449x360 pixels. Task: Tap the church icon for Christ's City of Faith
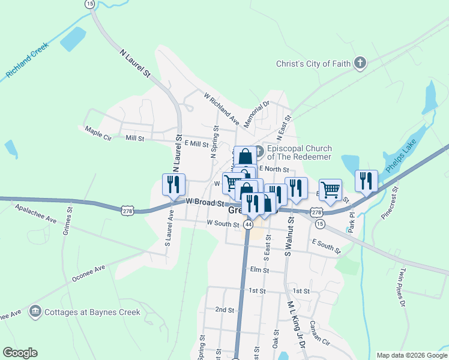[x=360, y=64]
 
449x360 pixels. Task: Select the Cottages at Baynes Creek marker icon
[x=35, y=312]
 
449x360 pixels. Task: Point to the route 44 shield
[x=247, y=224]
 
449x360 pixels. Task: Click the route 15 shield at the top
[x=90, y=4]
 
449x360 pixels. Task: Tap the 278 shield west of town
[x=143, y=211]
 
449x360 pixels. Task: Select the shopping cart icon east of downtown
[x=330, y=190]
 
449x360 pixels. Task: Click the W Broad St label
[x=205, y=203]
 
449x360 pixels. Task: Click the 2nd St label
[x=224, y=310]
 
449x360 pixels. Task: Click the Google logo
[x=20, y=353]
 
